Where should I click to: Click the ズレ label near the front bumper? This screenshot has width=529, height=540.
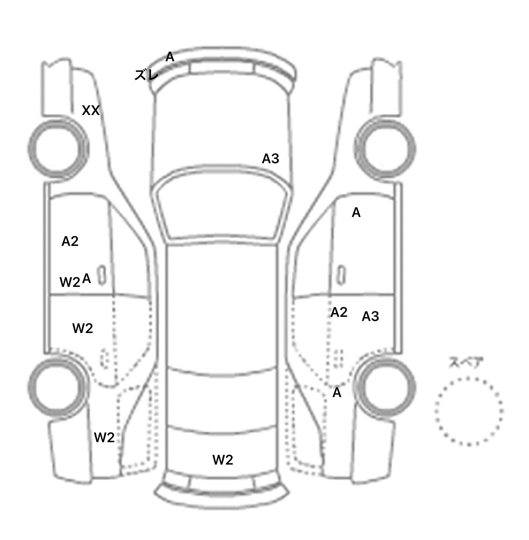pyautogui.click(x=146, y=75)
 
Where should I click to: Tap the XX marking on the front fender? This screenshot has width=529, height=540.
pyautogui.click(x=91, y=111)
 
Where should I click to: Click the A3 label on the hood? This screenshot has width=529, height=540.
pyautogui.click(x=270, y=159)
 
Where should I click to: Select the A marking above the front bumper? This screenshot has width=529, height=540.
pyautogui.click(x=170, y=57)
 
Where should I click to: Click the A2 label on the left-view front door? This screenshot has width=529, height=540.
pyautogui.click(x=70, y=241)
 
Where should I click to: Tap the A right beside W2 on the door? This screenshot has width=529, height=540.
pyautogui.click(x=87, y=278)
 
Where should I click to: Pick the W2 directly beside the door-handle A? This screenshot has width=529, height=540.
pyautogui.click(x=70, y=282)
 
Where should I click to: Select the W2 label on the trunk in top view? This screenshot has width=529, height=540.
pyautogui.click(x=223, y=460)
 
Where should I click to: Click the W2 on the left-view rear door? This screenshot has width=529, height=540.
pyautogui.click(x=83, y=328)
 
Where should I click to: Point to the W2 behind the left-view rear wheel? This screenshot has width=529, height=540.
pyautogui.click(x=104, y=437)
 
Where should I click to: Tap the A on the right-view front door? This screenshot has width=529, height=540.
pyautogui.click(x=356, y=213)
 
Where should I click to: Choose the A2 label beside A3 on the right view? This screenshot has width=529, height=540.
pyautogui.click(x=339, y=312)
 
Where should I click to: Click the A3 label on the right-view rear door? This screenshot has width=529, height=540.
pyautogui.click(x=371, y=316)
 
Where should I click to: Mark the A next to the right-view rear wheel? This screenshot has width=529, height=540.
pyautogui.click(x=337, y=393)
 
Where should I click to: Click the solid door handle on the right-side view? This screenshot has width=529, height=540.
pyautogui.click(x=341, y=276)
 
